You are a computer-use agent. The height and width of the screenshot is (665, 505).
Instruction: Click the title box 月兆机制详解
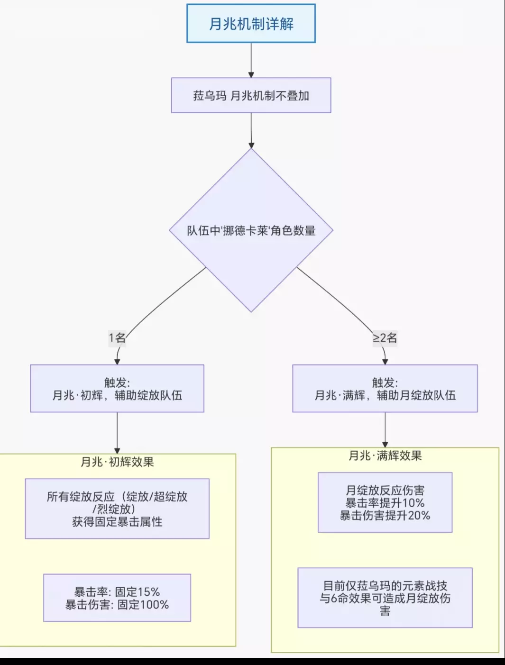click(x=251, y=24)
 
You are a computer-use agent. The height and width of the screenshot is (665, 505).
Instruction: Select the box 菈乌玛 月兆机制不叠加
click(x=251, y=95)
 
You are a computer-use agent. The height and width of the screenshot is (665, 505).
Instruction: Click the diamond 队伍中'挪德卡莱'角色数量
click(x=251, y=231)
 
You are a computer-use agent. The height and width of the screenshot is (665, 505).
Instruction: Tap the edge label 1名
click(x=117, y=338)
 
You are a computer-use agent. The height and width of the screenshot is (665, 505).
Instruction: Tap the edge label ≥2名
click(x=385, y=338)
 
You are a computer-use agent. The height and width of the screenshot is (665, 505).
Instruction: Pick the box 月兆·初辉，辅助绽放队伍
click(x=117, y=389)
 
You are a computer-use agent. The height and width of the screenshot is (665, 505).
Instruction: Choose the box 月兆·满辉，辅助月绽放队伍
click(x=385, y=389)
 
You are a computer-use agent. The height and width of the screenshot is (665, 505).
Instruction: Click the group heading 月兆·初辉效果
click(x=117, y=462)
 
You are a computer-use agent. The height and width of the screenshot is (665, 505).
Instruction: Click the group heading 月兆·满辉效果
click(x=385, y=456)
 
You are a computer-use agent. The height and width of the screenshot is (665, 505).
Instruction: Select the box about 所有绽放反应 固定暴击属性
click(x=117, y=509)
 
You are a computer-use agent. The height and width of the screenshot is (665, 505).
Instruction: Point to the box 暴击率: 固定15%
click(x=117, y=598)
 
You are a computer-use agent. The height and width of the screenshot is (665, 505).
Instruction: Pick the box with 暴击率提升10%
click(x=385, y=502)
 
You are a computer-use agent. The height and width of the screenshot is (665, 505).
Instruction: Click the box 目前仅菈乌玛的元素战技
click(x=385, y=598)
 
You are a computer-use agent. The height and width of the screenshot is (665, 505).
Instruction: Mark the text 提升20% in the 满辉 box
click(x=408, y=516)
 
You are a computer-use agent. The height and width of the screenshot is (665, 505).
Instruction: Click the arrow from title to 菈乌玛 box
click(x=251, y=60)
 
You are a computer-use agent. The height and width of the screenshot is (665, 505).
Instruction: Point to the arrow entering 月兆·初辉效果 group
click(x=117, y=433)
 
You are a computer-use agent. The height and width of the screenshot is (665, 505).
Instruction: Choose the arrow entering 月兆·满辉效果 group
click(x=385, y=429)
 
